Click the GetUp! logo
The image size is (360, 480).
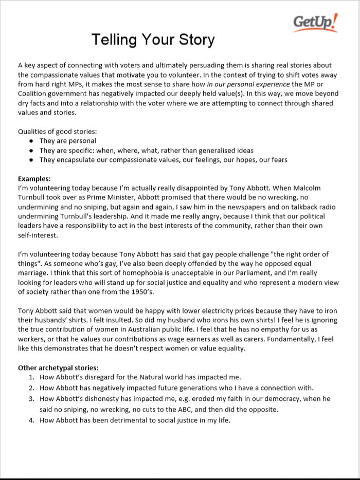(x=315, y=23)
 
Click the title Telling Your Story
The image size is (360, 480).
(x=153, y=40)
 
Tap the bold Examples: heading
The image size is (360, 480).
(x=34, y=179)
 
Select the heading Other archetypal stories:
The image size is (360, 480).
(x=58, y=367)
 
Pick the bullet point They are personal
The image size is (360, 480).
(x=67, y=141)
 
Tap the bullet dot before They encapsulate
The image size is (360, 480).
(x=31, y=160)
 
